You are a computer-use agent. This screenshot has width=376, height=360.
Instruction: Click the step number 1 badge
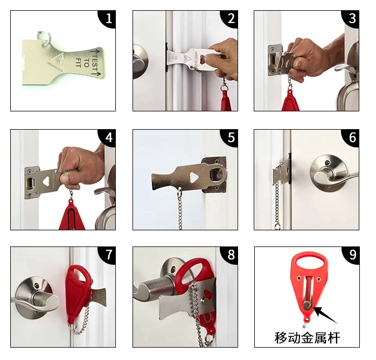pos(108,19)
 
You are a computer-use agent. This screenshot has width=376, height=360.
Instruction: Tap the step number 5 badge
pos(230,138)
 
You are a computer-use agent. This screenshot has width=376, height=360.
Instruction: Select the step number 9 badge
pos(351,255)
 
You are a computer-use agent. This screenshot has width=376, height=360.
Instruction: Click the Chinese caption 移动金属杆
pos(307,337)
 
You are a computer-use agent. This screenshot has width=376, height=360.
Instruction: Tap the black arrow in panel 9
pos(325,315)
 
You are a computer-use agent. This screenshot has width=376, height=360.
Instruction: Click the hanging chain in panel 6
pos(277,205)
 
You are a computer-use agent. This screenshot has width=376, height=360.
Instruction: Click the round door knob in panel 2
pos(140,61)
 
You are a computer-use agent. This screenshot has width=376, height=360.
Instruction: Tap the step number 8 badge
pos(230,255)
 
